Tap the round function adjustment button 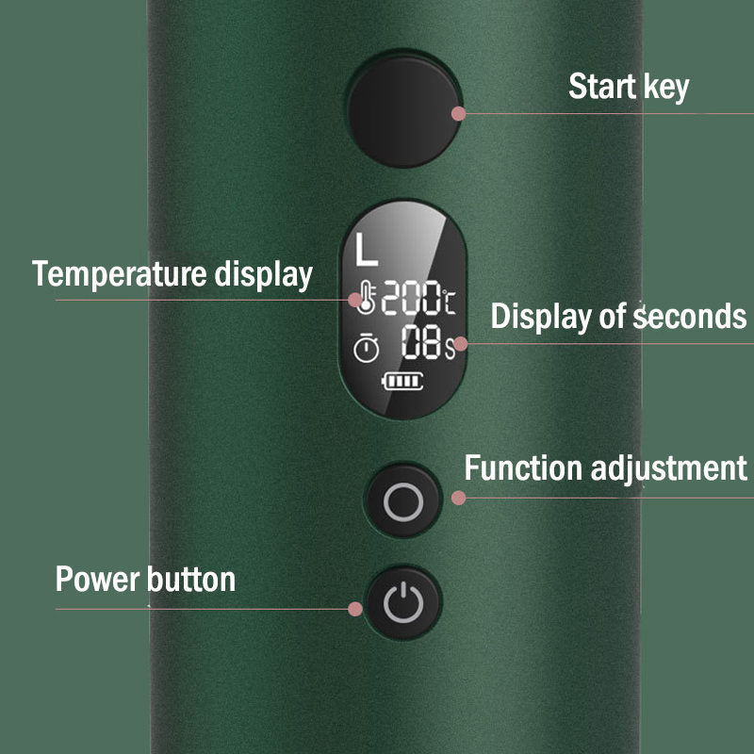pos(403,500)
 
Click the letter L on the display pos(367,250)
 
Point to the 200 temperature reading pos(410,300)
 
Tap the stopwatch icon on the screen pos(366,347)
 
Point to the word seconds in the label pos(689,317)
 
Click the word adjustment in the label pos(675,468)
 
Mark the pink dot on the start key pos(459,114)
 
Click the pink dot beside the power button pos(355,609)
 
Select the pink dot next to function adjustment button pos(459,497)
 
